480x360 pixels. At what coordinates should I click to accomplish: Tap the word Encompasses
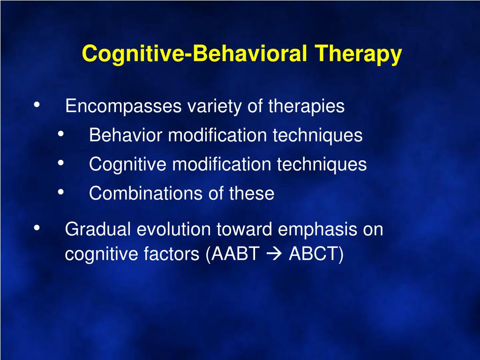point(124,106)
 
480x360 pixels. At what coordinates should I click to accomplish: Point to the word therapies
point(307,106)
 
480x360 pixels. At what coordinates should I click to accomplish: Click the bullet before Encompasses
point(37,105)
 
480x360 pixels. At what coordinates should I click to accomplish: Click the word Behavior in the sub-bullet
point(126,135)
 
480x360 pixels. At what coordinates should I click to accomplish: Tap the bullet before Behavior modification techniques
point(60,134)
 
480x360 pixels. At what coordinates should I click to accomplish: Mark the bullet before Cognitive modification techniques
point(60,163)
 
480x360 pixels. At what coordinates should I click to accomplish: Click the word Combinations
point(146,194)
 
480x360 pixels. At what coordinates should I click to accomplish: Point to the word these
point(252,194)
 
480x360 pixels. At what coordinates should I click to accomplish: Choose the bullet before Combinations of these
point(60,192)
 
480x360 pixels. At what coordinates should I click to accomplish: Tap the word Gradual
point(98,229)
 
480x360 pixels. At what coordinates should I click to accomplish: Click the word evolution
point(173,229)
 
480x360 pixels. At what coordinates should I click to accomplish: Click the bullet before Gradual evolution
point(37,228)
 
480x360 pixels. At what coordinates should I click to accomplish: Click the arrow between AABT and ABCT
point(274,254)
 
